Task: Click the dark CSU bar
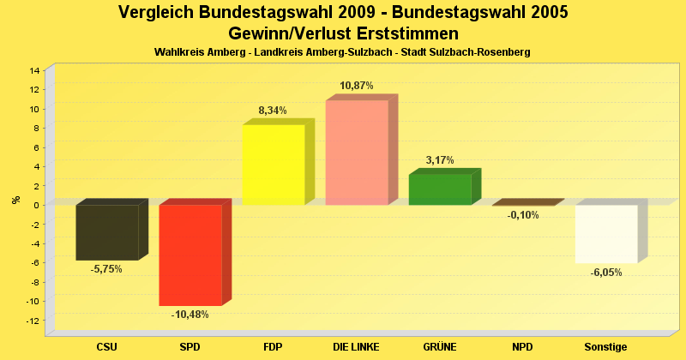pyautogui.click(x=107, y=232)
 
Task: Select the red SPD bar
pyautogui.click(x=190, y=255)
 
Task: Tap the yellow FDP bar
pyautogui.click(x=274, y=165)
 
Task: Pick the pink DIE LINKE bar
pyautogui.click(x=357, y=153)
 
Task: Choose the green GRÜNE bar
pyautogui.click(x=440, y=189)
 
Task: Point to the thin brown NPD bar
pyautogui.click(x=525, y=203)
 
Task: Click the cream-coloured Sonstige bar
pyautogui.click(x=606, y=234)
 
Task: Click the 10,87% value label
pyautogui.click(x=357, y=86)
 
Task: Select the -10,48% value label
pyautogui.click(x=190, y=315)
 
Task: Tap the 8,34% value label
pyautogui.click(x=273, y=111)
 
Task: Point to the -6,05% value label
pyautogui.click(x=606, y=273)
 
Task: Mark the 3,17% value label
pyautogui.click(x=440, y=160)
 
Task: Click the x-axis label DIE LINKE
pyautogui.click(x=357, y=347)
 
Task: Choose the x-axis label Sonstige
pyautogui.click(x=606, y=347)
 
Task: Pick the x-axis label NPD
pyautogui.click(x=523, y=347)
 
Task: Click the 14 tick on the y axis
pyautogui.click(x=34, y=70)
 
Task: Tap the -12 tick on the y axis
pyautogui.click(x=33, y=321)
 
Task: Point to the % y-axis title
pyautogui.click(x=15, y=200)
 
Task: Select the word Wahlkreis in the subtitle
pyautogui.click(x=177, y=52)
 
